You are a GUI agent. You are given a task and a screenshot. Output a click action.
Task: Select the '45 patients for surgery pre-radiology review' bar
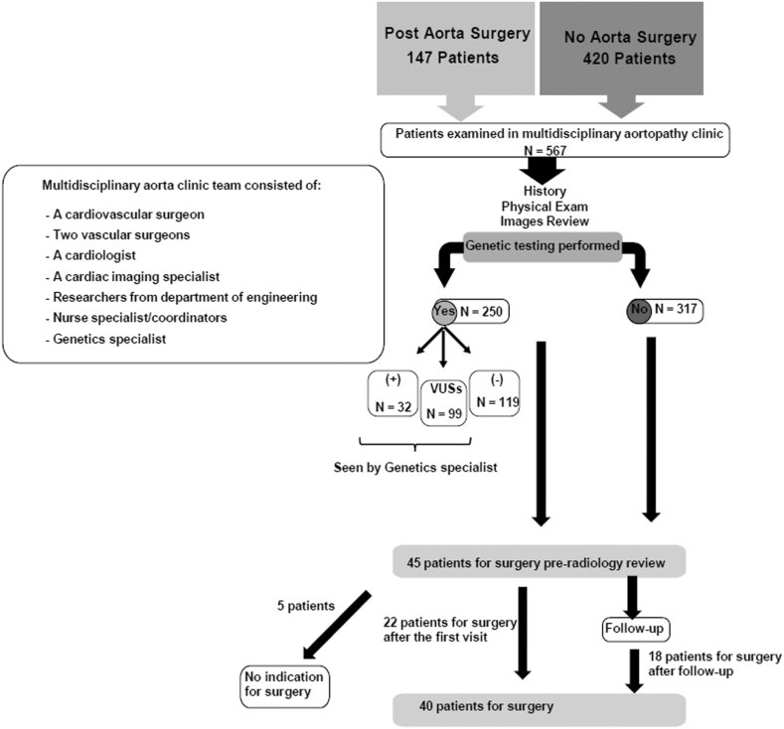point(541,560)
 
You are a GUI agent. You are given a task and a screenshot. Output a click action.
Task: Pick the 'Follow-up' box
point(635,628)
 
